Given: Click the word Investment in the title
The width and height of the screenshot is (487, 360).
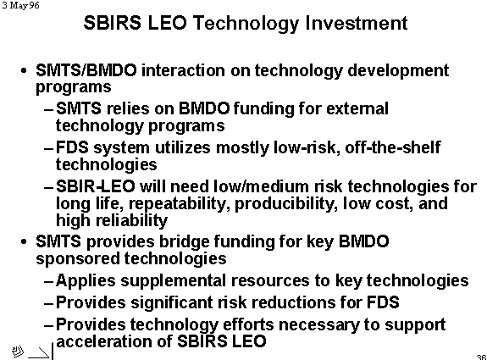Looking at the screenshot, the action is point(357,23).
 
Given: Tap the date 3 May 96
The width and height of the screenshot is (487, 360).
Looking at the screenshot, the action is point(20,5).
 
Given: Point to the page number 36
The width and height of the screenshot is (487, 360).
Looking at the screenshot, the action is point(482,357).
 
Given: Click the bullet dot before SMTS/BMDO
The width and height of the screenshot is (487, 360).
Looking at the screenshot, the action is point(24,71).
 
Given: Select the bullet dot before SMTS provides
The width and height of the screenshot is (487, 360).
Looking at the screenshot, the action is point(24,241).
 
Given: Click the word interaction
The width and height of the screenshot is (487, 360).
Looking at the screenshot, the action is point(183,70).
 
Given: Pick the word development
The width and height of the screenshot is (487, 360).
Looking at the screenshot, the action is point(398,71).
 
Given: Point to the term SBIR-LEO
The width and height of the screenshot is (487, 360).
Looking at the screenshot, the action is point(96,186).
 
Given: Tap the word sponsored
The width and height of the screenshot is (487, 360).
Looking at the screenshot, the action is point(78,259).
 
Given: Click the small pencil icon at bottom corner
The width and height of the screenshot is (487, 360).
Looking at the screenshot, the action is point(18,351).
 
